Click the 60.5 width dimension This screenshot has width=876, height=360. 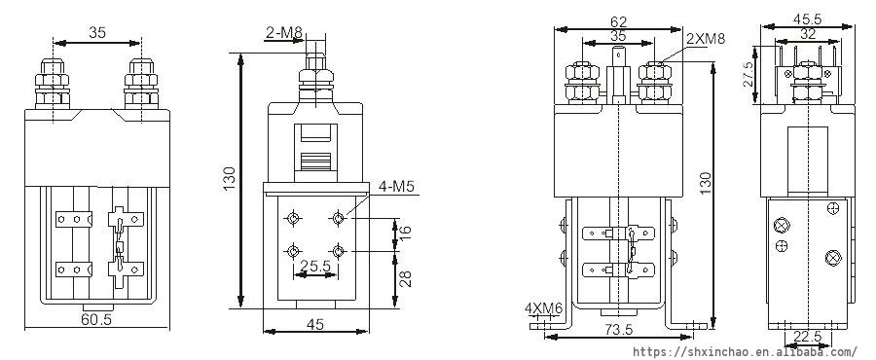click(96, 319)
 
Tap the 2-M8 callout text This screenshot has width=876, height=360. click(284, 33)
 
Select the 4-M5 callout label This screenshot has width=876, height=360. click(396, 187)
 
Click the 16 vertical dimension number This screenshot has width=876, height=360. click(406, 230)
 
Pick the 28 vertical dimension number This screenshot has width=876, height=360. click(406, 278)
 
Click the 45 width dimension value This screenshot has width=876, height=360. click(315, 324)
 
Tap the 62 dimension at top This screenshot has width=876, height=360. click(618, 22)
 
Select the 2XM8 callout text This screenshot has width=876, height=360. click(706, 39)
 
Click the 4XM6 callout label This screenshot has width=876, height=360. click(543, 308)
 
